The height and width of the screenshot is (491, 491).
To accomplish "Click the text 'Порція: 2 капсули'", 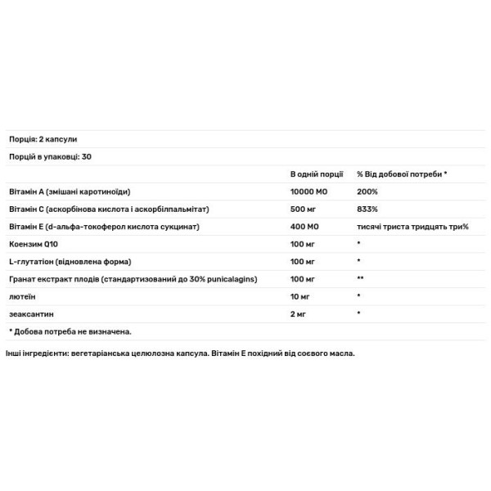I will (x=43, y=139).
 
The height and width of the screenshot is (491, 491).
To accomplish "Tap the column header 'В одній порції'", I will (x=317, y=174).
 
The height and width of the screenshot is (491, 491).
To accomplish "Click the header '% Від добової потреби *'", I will (x=403, y=174).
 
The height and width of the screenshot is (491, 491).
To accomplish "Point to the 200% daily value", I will (x=367, y=191).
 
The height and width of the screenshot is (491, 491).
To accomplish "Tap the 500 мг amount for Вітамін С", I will (x=304, y=209).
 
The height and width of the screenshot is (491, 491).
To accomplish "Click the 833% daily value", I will (x=367, y=209).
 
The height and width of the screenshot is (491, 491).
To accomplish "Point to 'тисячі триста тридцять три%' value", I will (x=412, y=226).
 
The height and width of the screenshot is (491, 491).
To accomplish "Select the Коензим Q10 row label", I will (x=38, y=244).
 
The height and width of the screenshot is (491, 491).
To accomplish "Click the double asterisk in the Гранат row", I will (x=360, y=279).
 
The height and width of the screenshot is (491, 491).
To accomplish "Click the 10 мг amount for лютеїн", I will (x=301, y=296).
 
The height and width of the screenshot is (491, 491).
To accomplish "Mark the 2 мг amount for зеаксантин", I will (x=300, y=313).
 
